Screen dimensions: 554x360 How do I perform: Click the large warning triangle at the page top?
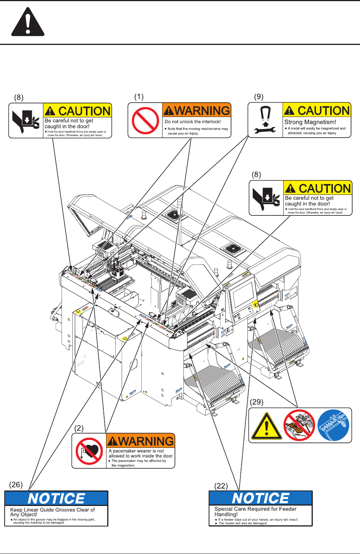(27, 22)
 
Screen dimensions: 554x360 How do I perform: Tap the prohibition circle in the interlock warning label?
(145, 120)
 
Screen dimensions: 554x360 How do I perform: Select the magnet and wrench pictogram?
(265, 120)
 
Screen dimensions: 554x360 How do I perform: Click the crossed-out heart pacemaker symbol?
(89, 451)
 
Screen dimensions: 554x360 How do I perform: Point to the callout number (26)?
(16, 485)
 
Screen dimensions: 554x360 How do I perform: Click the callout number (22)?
(221, 486)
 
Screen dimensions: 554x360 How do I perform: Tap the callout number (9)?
(259, 96)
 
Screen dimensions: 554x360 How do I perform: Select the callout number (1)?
(139, 96)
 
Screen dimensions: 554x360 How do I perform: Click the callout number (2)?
(79, 428)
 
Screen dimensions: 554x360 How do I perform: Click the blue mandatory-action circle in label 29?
(333, 425)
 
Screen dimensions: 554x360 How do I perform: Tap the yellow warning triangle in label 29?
(266, 427)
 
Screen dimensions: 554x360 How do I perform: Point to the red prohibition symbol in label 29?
(299, 425)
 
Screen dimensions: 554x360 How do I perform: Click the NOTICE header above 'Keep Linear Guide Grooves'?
(56, 498)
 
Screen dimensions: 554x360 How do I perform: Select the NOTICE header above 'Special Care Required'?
(261, 498)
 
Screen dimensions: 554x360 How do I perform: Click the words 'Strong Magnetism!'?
(310, 122)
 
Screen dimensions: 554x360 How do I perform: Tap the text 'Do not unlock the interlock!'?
(193, 122)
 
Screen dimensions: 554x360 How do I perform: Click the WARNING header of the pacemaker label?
(141, 441)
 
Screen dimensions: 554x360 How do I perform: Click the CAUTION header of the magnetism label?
(317, 111)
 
